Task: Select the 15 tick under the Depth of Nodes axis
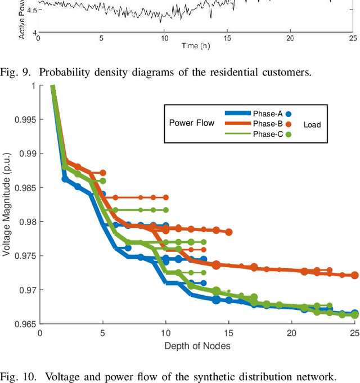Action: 228,333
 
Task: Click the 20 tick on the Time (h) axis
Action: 290,38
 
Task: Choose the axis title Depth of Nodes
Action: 197,345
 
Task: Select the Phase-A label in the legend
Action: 267,113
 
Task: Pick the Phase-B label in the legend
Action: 267,124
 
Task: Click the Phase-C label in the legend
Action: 267,134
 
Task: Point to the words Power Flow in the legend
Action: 192,123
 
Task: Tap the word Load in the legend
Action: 312,125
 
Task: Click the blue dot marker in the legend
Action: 289,113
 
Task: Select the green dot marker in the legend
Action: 289,134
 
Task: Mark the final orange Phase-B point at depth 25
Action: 354,275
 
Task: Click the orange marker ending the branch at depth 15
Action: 229,232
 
